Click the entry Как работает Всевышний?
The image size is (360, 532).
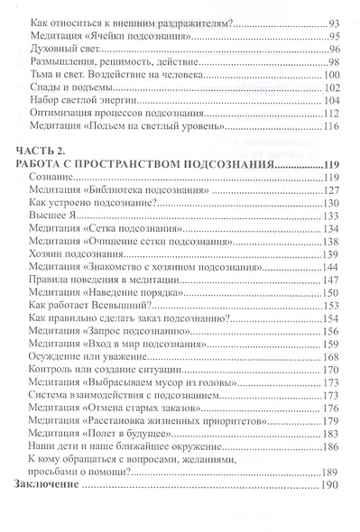pos(79,333)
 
